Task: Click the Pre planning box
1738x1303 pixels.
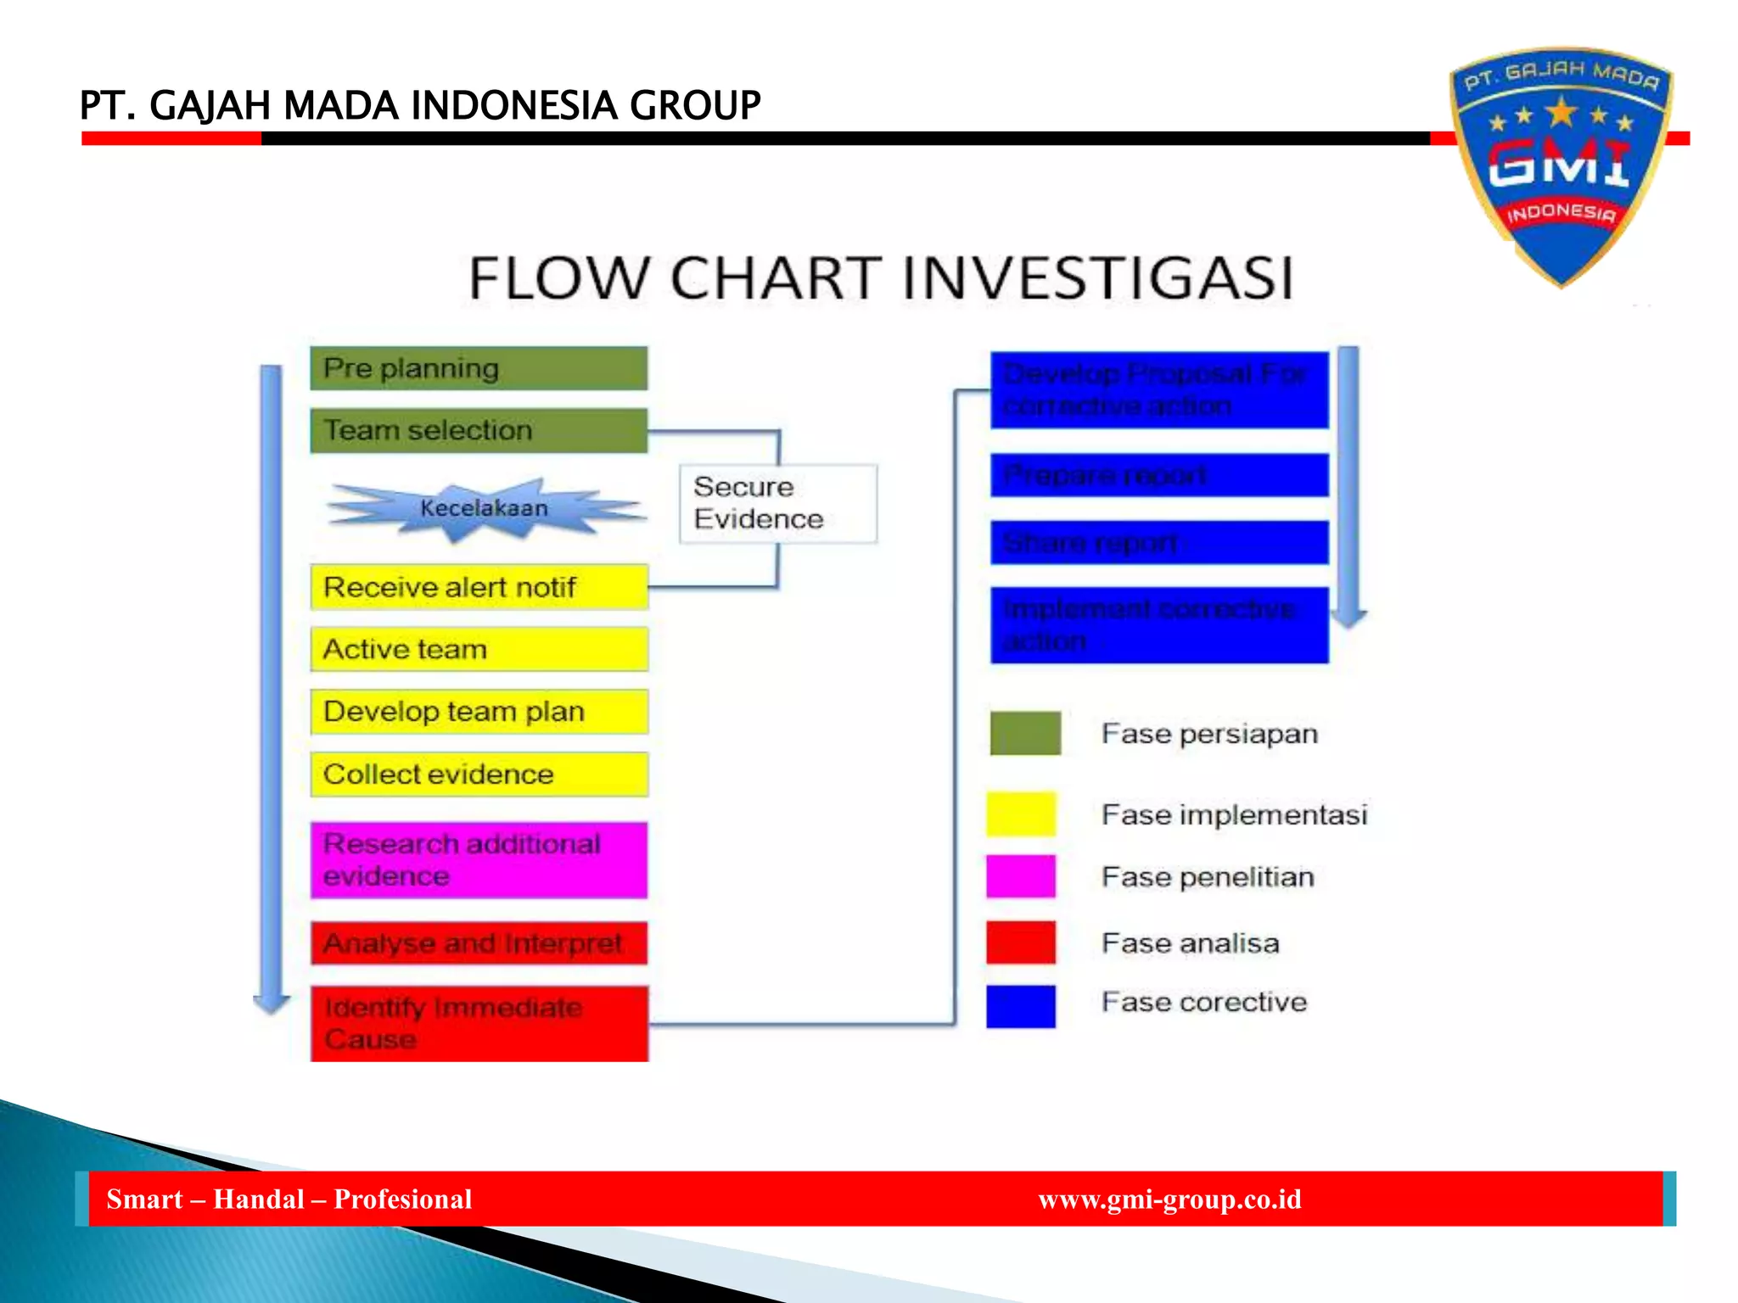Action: click(479, 368)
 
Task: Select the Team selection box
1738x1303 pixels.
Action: click(479, 430)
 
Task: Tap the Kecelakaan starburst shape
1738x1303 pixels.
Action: click(484, 508)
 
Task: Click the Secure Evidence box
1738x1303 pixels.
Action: click(777, 503)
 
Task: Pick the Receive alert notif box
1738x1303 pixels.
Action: click(479, 587)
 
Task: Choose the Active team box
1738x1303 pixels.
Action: click(479, 649)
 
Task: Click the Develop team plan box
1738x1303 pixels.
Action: click(479, 711)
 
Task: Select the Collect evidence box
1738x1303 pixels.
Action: click(479, 774)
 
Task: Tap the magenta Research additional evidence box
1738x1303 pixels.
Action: click(479, 859)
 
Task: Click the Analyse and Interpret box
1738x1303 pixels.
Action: click(479, 943)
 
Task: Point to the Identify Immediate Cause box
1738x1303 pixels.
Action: click(479, 1023)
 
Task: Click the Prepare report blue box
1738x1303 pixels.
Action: click(1159, 475)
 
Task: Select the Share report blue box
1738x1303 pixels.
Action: click(1159, 542)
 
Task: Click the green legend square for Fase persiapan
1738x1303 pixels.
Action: click(1025, 733)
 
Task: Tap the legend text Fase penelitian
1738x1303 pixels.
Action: click(1208, 876)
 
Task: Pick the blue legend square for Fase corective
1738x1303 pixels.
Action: click(1021, 1006)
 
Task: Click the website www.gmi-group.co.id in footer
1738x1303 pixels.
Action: click(1169, 1199)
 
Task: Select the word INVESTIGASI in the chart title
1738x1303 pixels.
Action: click(1097, 278)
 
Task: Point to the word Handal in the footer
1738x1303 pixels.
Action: click(258, 1199)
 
